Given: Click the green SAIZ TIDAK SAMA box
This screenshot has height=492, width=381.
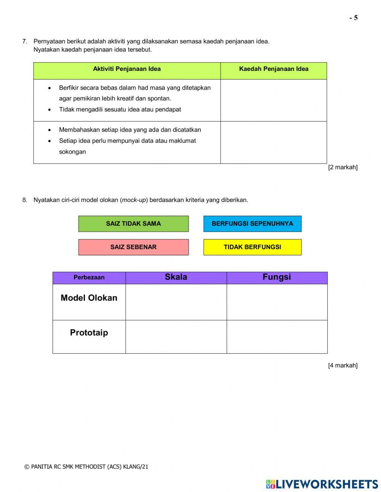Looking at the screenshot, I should coord(133,224).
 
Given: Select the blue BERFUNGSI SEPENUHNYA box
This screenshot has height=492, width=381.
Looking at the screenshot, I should coord(252,224).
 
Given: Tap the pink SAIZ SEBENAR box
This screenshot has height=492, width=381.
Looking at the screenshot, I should coord(133,247).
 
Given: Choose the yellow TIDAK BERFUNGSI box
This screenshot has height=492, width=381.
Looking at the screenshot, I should coord(252,247).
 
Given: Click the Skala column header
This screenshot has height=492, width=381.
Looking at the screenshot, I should coord(176,277).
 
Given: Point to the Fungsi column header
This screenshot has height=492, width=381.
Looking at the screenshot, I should coord(277,277).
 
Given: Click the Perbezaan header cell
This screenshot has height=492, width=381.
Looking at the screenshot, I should coord(89,278).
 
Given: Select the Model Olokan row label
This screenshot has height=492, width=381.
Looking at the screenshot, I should coord(89,298).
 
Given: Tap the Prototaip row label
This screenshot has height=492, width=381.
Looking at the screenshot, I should coord(89,333).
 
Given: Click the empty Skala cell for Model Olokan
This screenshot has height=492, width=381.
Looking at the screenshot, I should coord(176,302).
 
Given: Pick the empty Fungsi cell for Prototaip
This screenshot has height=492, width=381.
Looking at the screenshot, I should coord(277,337).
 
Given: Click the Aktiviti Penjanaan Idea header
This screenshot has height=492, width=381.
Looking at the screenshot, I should coord(127,69).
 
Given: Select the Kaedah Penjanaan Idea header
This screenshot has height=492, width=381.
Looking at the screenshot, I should coord(274,69).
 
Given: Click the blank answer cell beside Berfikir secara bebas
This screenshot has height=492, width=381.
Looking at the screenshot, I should coord(274,100).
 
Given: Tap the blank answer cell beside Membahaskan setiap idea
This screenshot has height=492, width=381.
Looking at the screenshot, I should coord(274,143).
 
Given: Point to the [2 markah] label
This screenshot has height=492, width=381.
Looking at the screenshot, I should coord(343,167).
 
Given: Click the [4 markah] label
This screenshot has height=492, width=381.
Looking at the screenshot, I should coord(343,365).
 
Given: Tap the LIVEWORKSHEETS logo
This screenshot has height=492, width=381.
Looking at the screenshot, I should coord(322,484).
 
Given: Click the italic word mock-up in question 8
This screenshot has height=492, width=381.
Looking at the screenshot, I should coord(134,200).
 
